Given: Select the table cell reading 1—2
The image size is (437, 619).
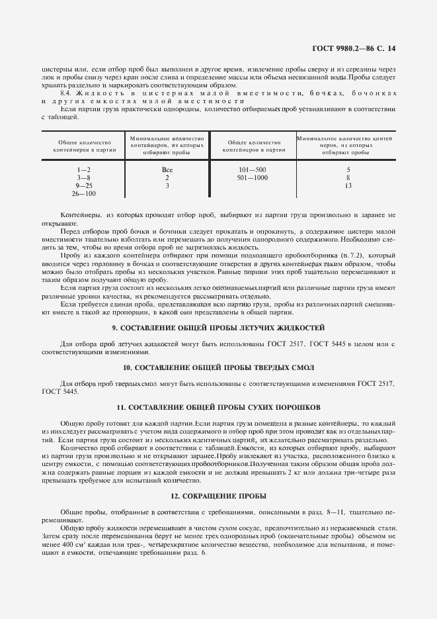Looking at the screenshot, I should point(83,169).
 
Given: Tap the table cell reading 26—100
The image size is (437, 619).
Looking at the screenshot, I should point(83,193).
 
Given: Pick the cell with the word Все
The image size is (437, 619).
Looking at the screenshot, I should point(167,169).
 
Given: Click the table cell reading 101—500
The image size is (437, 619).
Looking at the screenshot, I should point(252,169).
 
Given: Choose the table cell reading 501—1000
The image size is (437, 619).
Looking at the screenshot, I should point(252,177).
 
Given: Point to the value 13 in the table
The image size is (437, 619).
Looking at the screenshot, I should point(348,185).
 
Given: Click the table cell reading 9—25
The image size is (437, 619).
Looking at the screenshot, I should point(83,185).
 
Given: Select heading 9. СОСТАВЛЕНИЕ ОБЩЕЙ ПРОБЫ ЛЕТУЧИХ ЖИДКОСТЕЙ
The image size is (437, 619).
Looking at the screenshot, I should point(218,328).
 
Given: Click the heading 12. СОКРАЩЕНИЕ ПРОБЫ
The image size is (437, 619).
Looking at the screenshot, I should point(218,495).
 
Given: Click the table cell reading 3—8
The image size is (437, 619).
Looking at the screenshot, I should point(83,177).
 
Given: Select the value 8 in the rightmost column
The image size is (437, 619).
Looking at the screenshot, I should point(348,177).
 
